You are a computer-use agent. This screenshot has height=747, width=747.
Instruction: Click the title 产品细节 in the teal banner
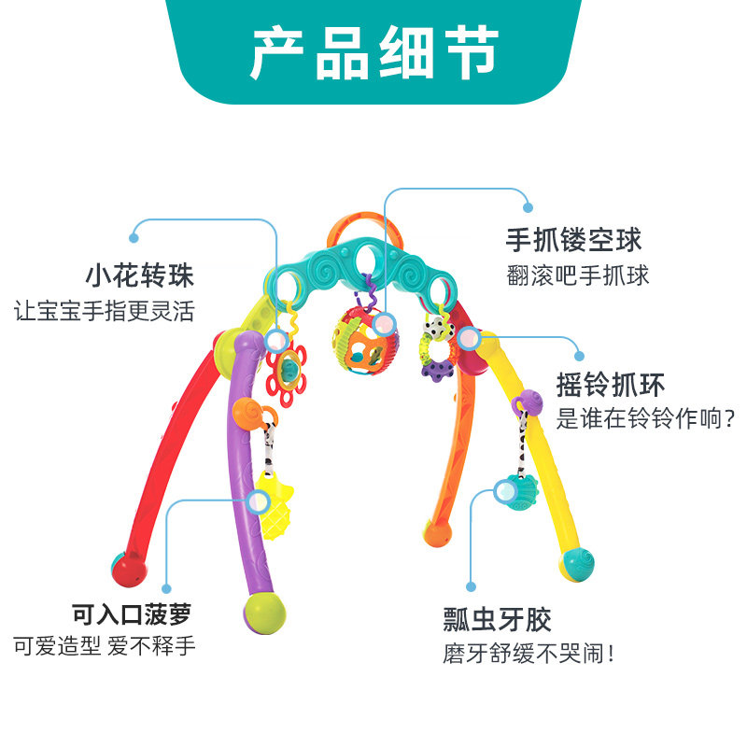(x=373, y=53)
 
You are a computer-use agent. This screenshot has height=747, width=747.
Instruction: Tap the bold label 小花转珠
(x=139, y=276)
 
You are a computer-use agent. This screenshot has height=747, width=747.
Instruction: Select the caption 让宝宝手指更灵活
(x=105, y=310)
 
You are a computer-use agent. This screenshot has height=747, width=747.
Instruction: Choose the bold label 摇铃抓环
(x=611, y=385)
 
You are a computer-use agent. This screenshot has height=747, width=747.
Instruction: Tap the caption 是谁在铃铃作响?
(x=645, y=418)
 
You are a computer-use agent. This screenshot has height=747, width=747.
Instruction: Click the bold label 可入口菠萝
(x=135, y=613)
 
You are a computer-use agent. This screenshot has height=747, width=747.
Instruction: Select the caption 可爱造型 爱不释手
(x=105, y=646)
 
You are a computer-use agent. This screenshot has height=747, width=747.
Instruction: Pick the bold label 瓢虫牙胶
(x=497, y=618)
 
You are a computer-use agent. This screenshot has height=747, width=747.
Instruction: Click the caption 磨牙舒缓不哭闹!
(x=529, y=652)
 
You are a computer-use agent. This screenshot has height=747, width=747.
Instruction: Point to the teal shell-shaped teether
(x=516, y=493)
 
